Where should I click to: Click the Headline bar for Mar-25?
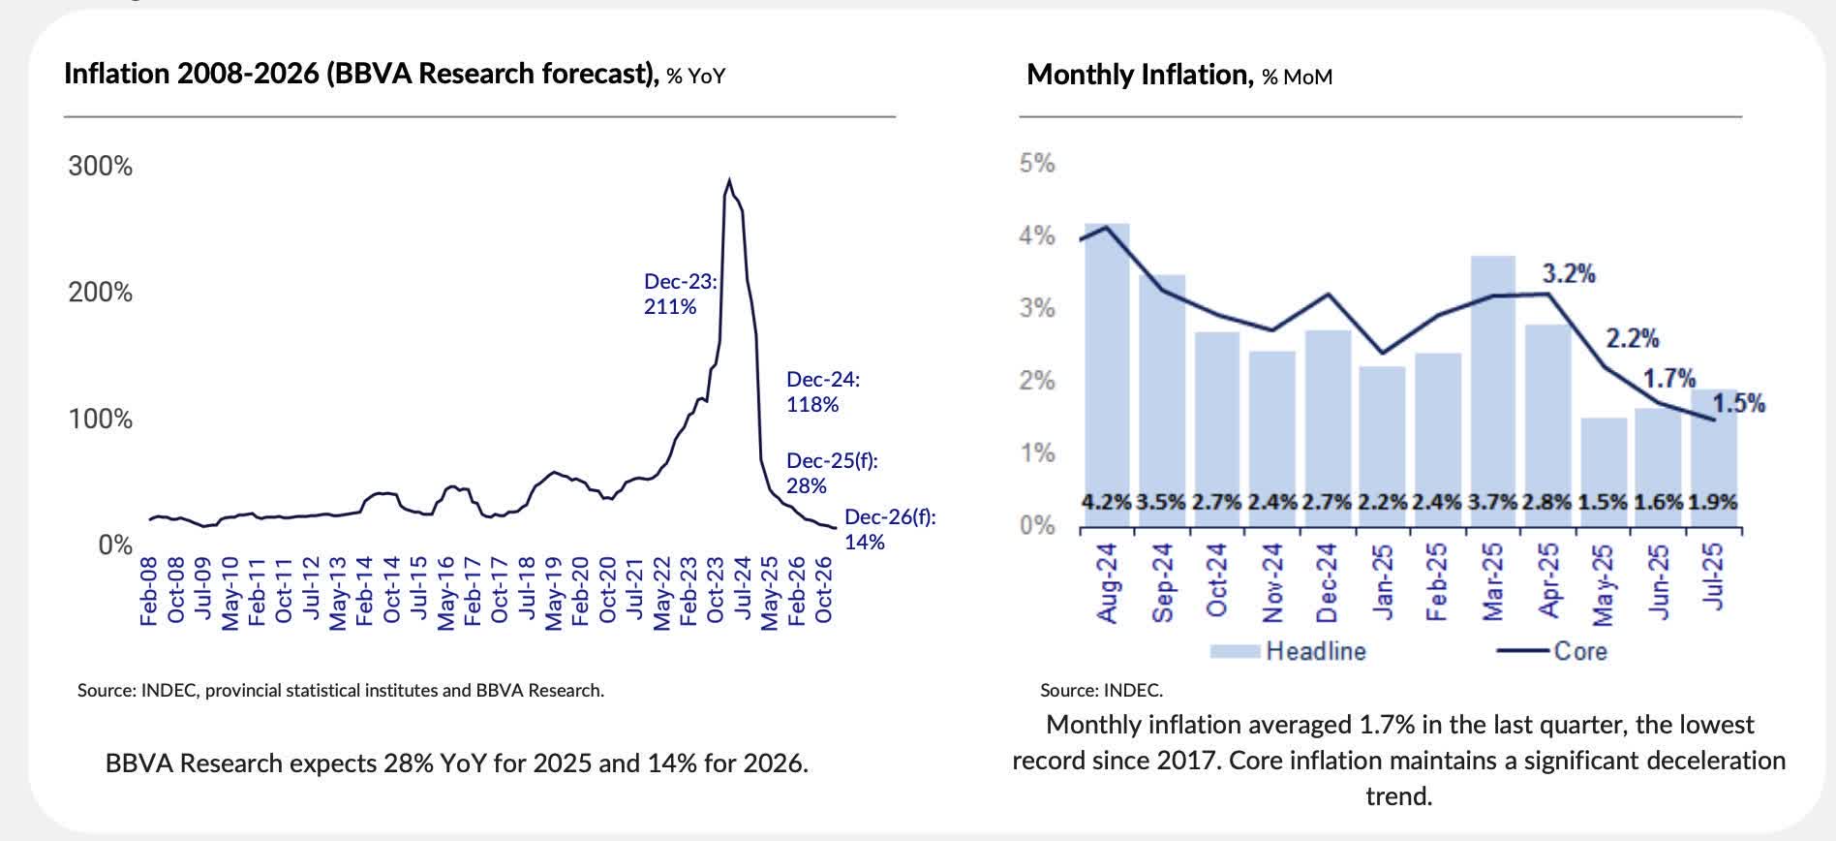[x=1492, y=388]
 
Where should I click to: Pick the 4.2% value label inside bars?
[x=1106, y=503]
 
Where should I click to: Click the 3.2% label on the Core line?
[x=1568, y=274]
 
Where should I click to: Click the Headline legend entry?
[x=1288, y=651]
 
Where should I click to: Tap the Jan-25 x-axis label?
[x=1383, y=581]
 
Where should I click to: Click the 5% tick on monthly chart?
[x=1036, y=163]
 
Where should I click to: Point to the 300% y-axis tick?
[x=100, y=167]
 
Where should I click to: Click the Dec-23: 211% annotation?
[x=680, y=294]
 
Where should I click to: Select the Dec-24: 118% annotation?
[x=822, y=391]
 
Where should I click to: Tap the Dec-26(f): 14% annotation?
[x=889, y=529]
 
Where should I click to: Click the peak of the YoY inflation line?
[x=728, y=181]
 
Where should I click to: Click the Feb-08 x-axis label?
[x=149, y=591]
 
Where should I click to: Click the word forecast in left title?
[x=593, y=74]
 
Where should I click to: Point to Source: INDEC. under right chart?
[x=1101, y=691]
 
